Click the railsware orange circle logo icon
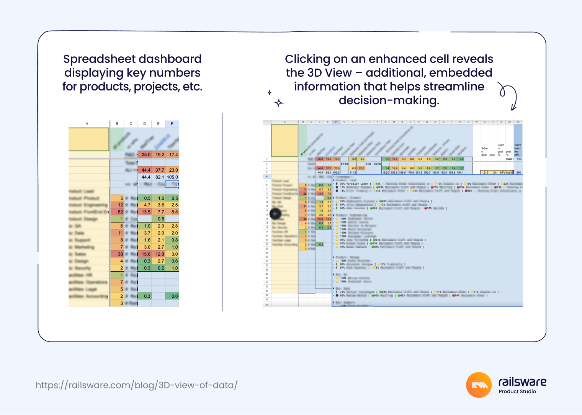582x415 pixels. point(479,385)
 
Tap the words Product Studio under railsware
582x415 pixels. point(517,392)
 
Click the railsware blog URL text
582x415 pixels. point(136,385)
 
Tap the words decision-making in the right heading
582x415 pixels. point(389,100)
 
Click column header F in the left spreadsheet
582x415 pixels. point(172,124)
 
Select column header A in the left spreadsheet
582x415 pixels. point(87,124)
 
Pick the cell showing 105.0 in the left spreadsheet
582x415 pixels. point(172,177)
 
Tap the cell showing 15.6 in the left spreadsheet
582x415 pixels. point(146,254)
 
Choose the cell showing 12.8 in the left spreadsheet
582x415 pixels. point(160,254)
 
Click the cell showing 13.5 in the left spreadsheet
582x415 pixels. point(146,212)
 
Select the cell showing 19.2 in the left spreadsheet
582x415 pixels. point(160,155)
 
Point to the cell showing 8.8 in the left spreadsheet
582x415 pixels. point(174,212)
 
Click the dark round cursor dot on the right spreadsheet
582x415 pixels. point(275,214)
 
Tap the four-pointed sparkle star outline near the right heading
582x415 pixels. point(279,103)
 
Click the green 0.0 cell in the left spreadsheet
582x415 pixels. point(174,296)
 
